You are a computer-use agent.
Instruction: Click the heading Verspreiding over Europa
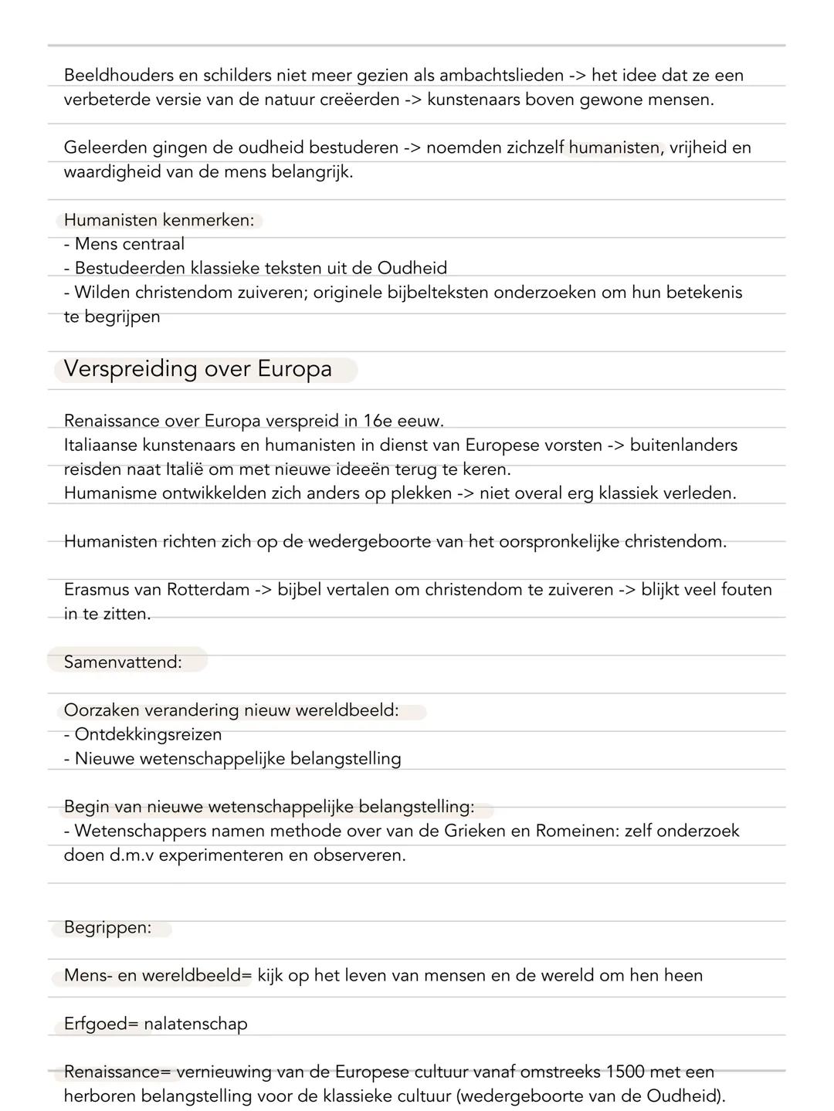tap(198, 369)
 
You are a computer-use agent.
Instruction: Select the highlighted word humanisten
tap(615, 147)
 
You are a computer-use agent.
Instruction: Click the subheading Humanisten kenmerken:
tap(159, 220)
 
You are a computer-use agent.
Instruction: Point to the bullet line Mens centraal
tap(124, 244)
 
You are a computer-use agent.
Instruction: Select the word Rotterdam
tap(208, 590)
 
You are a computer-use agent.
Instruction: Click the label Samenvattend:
tap(123, 662)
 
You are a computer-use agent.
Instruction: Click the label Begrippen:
tap(107, 927)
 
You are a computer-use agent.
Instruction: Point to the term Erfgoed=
tap(101, 1024)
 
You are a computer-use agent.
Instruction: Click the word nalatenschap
tap(196, 1024)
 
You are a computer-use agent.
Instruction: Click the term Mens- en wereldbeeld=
tap(158, 975)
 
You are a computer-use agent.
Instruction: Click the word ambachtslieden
tap(501, 76)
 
